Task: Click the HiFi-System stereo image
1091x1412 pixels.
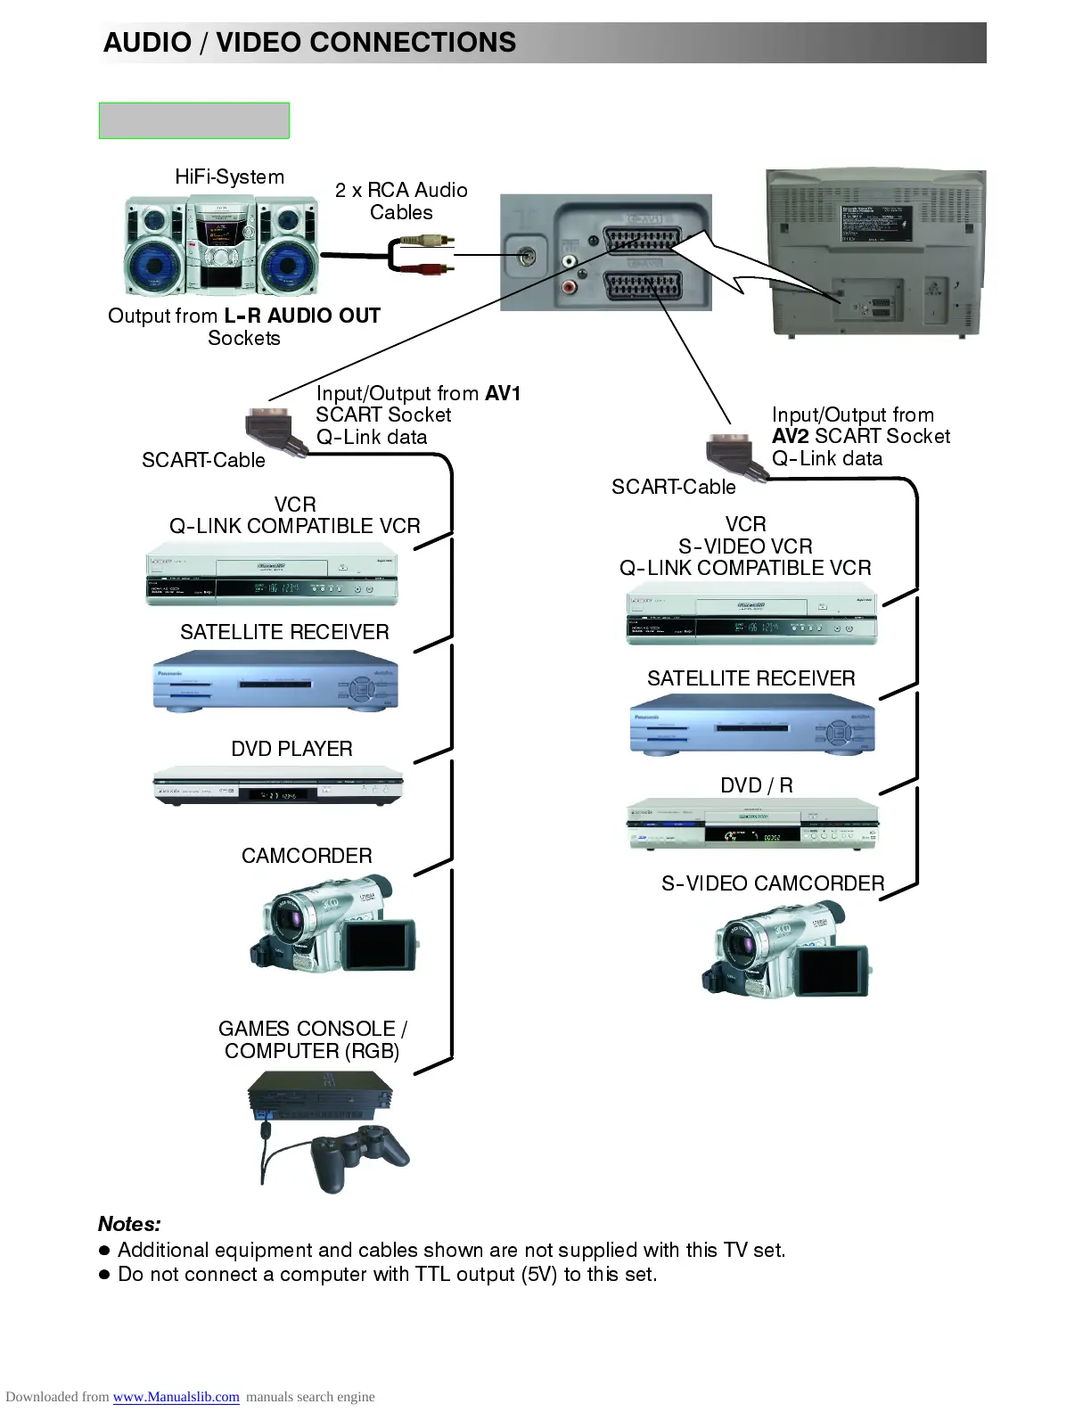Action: click(x=221, y=247)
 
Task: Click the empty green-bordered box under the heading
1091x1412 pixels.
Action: click(x=193, y=120)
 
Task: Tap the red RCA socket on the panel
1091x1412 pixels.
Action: click(x=569, y=287)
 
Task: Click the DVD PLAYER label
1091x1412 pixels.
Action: click(x=291, y=749)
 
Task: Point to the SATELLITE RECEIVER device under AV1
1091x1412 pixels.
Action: click(x=275, y=685)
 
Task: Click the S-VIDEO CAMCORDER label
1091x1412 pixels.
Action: click(x=772, y=883)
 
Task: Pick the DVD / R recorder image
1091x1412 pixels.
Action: click(x=752, y=825)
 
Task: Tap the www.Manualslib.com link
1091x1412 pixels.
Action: click(x=176, y=1397)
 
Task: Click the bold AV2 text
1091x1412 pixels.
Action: click(x=790, y=436)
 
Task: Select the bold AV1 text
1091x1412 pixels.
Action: click(x=503, y=393)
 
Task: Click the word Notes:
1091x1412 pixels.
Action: click(x=129, y=1224)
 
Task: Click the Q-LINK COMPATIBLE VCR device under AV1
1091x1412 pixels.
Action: click(x=271, y=575)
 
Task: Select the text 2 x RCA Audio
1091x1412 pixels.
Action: click(x=401, y=190)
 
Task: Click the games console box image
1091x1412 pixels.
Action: click(x=319, y=1095)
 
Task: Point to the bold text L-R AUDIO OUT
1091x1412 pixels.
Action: click(x=302, y=316)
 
